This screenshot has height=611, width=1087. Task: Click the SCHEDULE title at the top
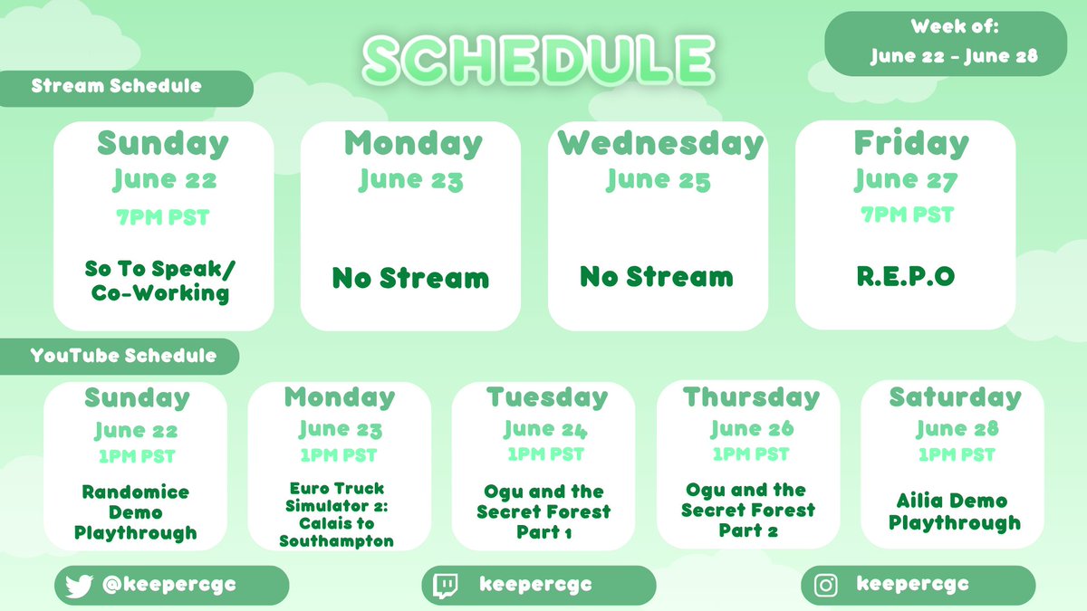click(538, 59)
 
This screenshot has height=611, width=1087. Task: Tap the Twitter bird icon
click(80, 586)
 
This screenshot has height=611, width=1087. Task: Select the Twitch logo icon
click(446, 586)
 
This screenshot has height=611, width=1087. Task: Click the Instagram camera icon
click(825, 586)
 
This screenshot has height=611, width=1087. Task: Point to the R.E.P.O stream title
click(905, 277)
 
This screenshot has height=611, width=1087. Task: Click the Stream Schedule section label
click(116, 87)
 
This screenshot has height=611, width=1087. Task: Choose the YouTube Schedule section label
click(123, 356)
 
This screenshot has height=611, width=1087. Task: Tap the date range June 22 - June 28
click(954, 56)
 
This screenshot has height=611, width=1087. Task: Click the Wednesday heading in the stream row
click(660, 144)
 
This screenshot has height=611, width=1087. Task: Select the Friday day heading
click(910, 144)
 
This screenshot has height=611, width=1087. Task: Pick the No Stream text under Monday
click(410, 278)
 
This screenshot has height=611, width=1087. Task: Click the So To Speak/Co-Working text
click(164, 281)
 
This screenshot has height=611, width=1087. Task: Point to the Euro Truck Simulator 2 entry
click(337, 514)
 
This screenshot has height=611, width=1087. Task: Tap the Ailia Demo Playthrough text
click(954, 511)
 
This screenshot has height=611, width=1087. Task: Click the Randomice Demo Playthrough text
click(135, 512)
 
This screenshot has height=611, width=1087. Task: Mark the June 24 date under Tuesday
click(546, 428)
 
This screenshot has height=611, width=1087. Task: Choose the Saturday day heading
click(954, 397)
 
